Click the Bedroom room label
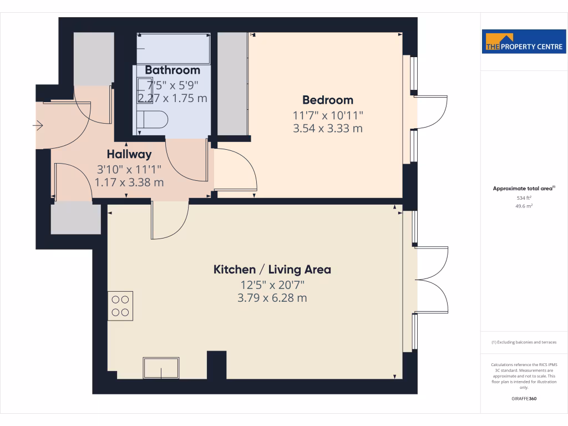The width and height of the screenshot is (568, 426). (327, 100)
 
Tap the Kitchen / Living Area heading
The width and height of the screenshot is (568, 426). (272, 270)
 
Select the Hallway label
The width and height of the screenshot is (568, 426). (129, 154)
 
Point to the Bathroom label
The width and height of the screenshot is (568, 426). (173, 70)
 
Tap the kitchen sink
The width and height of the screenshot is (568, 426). (161, 367)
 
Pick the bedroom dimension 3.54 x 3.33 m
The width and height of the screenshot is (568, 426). (327, 129)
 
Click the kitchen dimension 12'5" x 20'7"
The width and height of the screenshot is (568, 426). (272, 285)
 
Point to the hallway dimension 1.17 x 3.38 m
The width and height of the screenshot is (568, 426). (129, 181)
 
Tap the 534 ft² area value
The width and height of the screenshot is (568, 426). (524, 197)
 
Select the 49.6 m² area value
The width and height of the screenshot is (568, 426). (524, 206)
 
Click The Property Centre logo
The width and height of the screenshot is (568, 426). (524, 42)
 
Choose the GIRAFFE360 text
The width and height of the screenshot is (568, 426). (524, 398)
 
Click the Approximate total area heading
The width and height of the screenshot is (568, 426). (524, 189)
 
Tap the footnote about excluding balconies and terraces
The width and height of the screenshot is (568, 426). (524, 342)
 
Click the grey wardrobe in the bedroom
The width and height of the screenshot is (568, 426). (232, 83)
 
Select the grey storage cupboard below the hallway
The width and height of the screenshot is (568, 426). (76, 217)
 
